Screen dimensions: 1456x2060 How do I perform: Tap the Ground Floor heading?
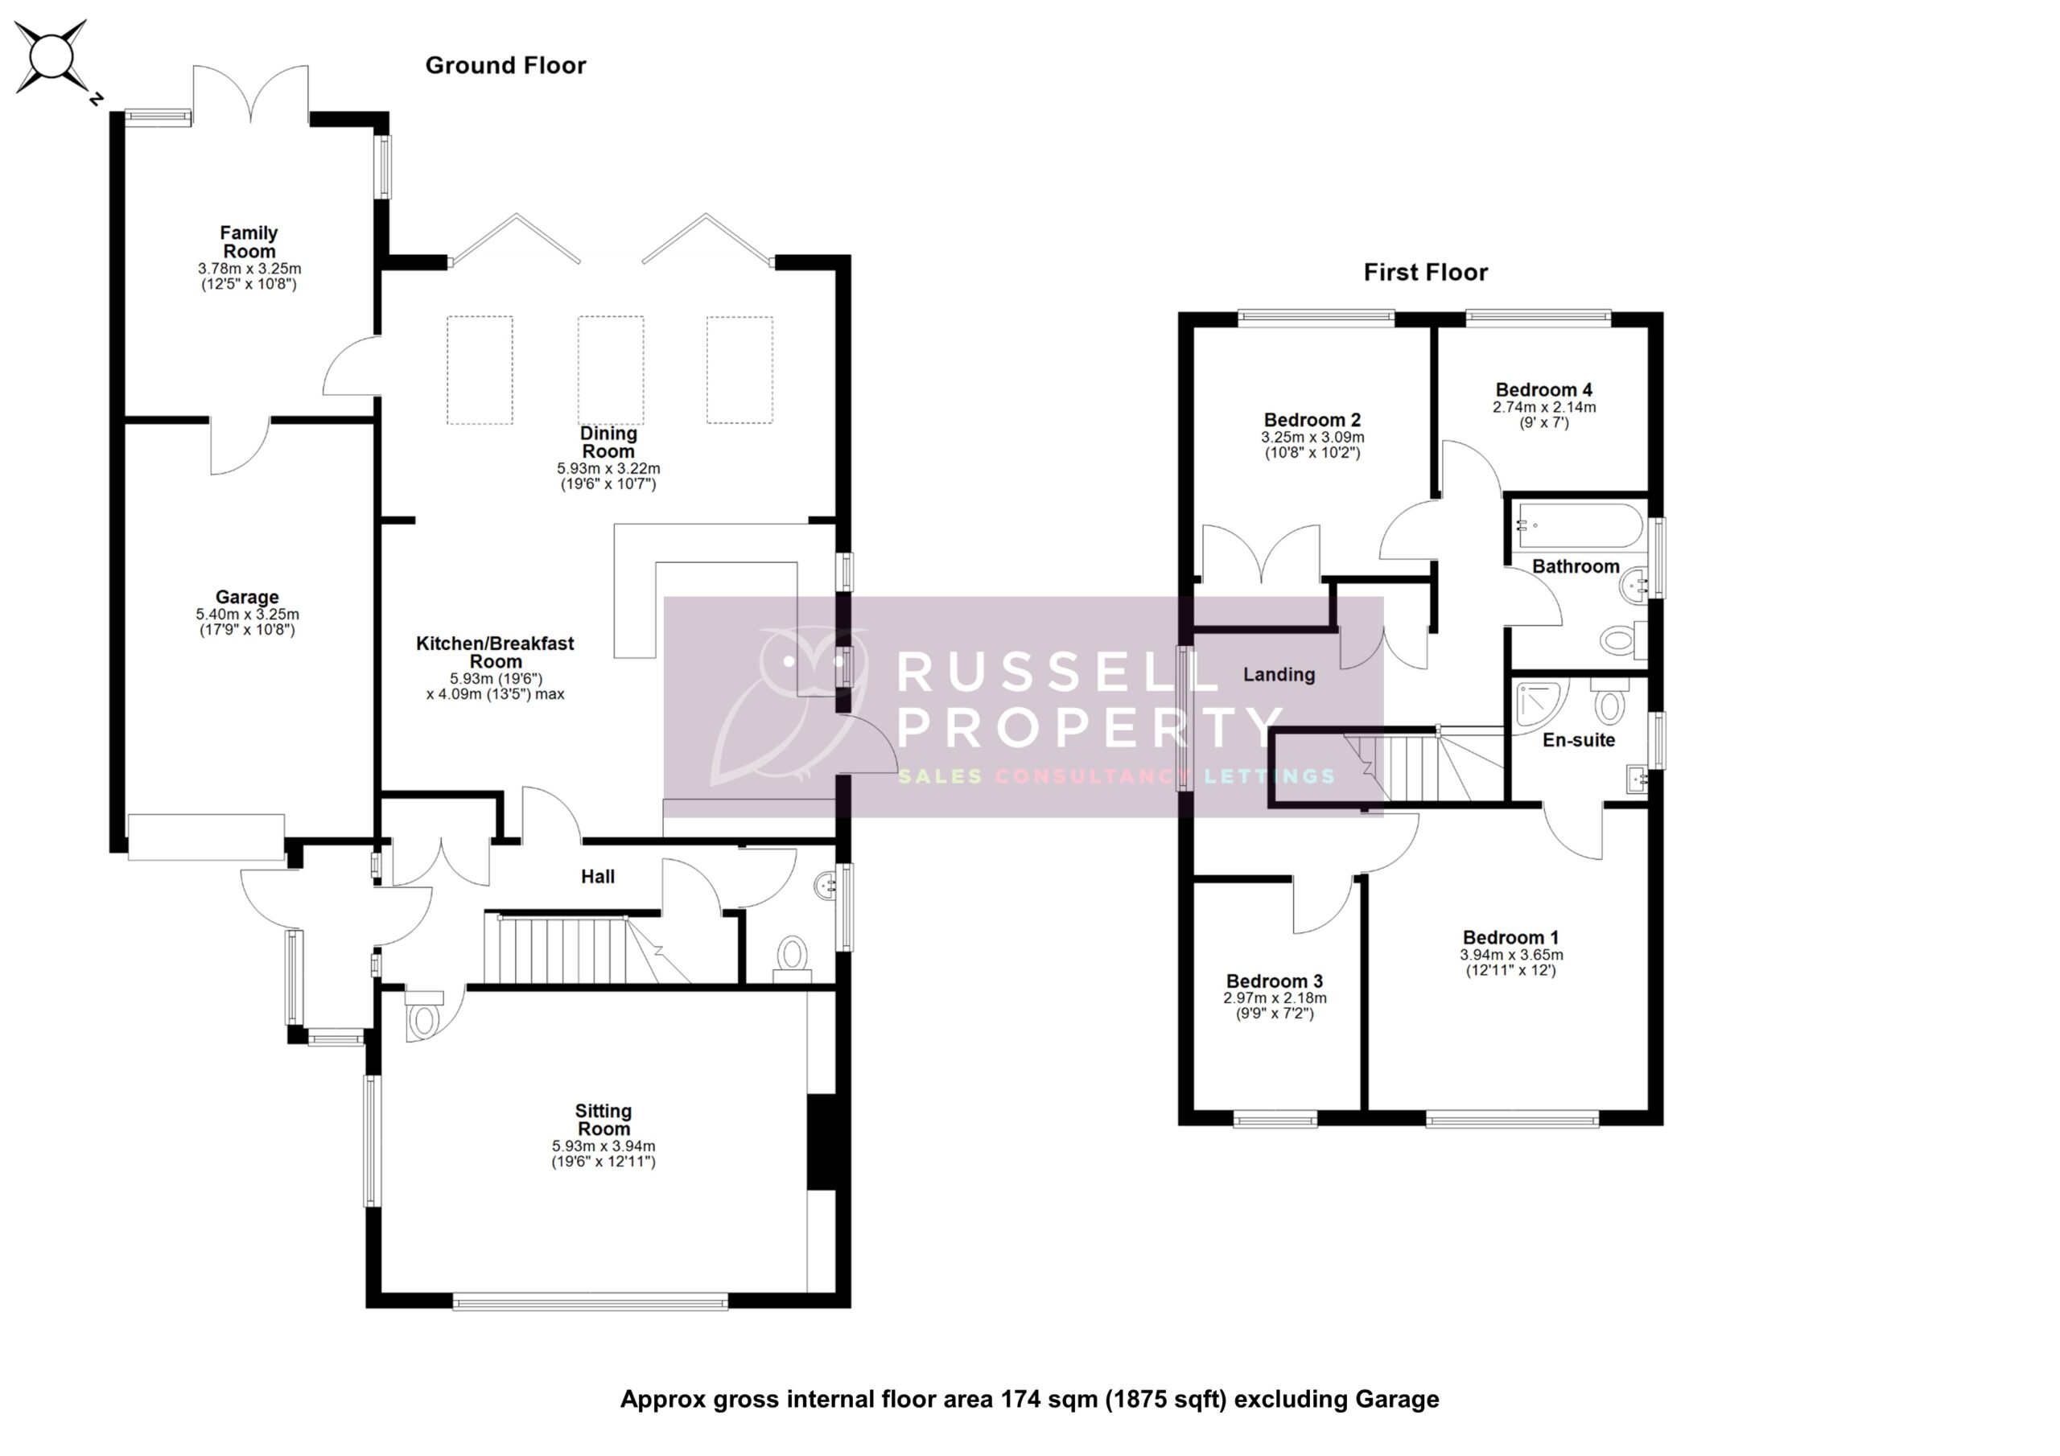[x=505, y=65]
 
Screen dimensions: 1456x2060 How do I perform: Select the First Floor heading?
[x=1425, y=273]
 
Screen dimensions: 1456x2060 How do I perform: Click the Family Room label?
[x=249, y=242]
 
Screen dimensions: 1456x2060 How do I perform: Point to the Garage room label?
[x=247, y=598]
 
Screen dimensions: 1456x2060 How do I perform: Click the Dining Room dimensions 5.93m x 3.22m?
[x=608, y=468]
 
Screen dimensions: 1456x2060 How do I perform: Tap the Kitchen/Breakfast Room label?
[x=495, y=652]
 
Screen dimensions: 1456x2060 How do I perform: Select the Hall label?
[x=598, y=877]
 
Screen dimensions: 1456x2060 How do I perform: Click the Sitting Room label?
[x=603, y=1120]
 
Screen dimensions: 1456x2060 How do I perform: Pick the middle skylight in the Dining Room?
[x=610, y=369]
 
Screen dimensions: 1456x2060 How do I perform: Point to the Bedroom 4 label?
[x=1543, y=390]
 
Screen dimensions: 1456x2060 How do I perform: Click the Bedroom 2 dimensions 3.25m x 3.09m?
[x=1312, y=438]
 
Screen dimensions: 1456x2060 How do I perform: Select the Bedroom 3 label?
[x=1274, y=981]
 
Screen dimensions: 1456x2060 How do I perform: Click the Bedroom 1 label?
[x=1511, y=937]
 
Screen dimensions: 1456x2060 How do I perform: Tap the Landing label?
[x=1279, y=675]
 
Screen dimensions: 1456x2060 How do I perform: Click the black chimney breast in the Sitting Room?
[x=821, y=1142]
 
